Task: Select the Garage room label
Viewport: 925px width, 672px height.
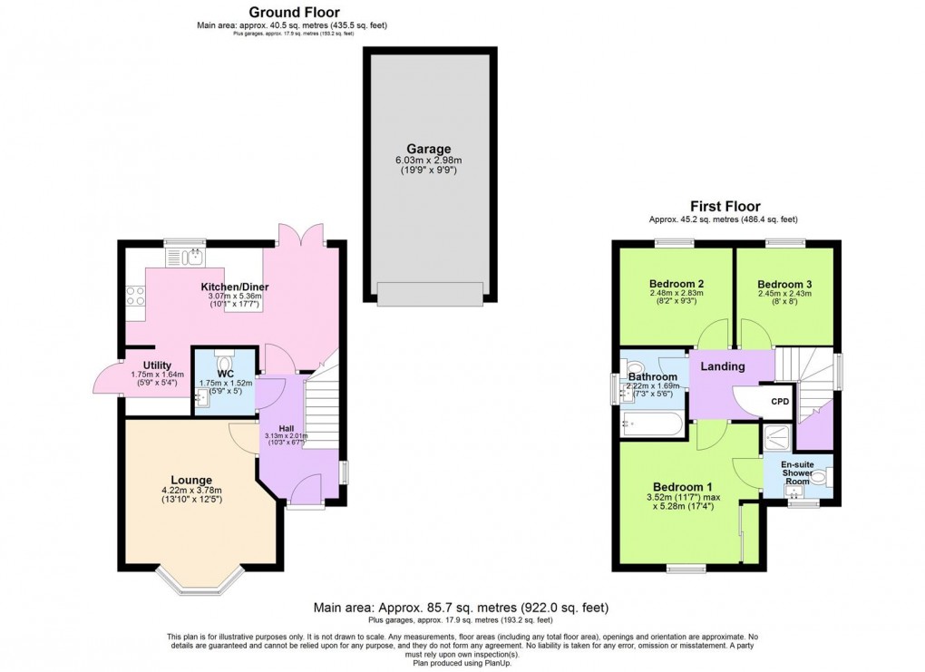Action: coord(429,150)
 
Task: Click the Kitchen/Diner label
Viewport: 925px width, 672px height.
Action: coord(235,287)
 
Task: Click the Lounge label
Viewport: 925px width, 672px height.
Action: coord(191,480)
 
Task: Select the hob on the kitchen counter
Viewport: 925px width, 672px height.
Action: coord(135,296)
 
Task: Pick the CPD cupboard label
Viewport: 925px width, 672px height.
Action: coord(780,402)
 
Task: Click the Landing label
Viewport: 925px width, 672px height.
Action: coord(723,366)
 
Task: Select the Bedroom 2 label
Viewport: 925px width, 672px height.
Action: coord(677,284)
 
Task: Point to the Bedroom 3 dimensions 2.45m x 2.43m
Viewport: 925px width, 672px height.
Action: coord(784,294)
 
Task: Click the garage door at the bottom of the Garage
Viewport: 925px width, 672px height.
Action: coord(430,293)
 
